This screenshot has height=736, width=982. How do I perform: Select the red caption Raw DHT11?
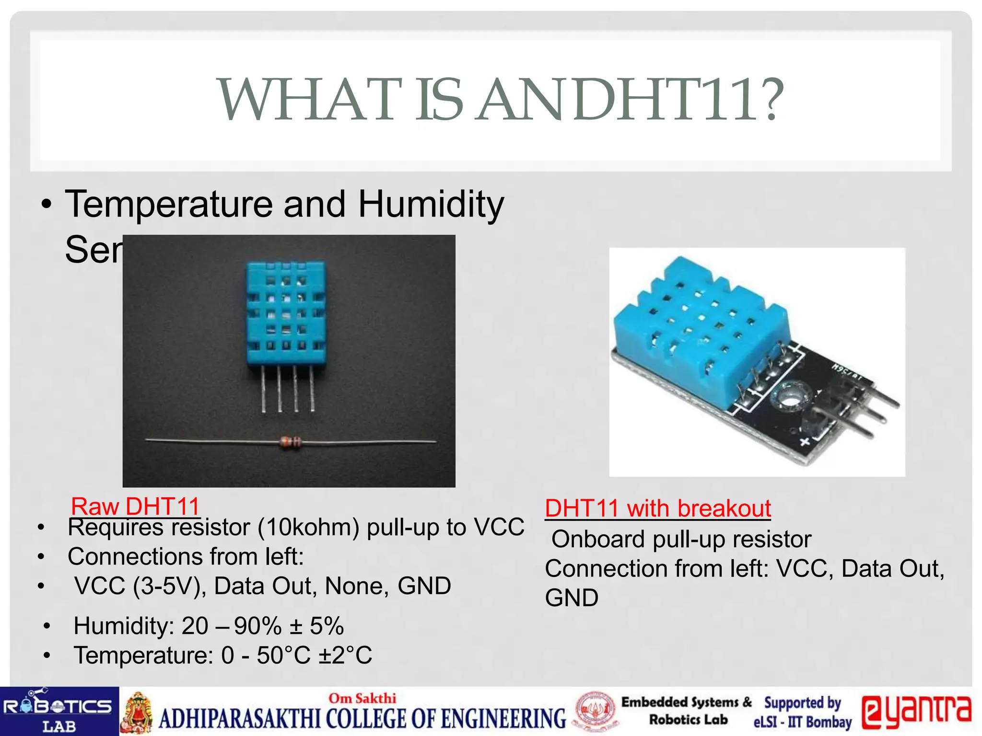(135, 506)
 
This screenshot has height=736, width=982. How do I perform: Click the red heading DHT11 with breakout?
(657, 508)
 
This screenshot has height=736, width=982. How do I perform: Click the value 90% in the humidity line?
(257, 626)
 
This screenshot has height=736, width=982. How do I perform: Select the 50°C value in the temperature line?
(284, 655)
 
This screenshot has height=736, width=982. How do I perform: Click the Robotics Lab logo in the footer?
(59, 712)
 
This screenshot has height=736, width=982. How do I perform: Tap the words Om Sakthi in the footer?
(362, 698)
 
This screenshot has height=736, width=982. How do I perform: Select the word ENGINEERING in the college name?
(503, 719)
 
